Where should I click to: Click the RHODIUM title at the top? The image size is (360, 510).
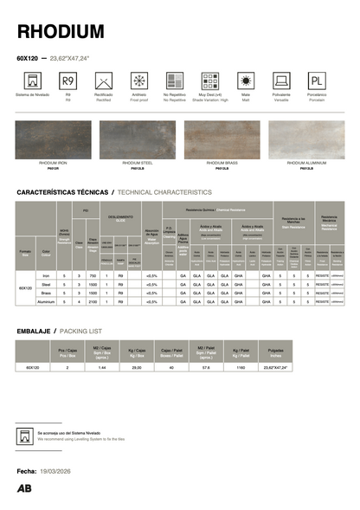point(61,32)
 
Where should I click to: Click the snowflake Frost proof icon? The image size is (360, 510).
point(138,81)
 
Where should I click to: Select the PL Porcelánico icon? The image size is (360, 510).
point(317,81)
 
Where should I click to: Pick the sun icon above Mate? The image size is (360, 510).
point(246,81)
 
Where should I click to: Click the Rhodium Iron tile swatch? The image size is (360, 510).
point(54,139)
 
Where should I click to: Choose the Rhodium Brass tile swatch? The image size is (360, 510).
point(222,139)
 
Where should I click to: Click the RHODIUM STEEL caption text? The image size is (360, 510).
point(138,163)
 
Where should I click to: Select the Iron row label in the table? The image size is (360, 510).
point(47,274)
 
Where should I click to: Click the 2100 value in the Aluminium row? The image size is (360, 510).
point(93,301)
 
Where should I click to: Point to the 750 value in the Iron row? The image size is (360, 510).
point(93,274)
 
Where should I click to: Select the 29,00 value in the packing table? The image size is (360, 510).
point(136,368)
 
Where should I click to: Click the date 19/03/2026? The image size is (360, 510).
point(61,469)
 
